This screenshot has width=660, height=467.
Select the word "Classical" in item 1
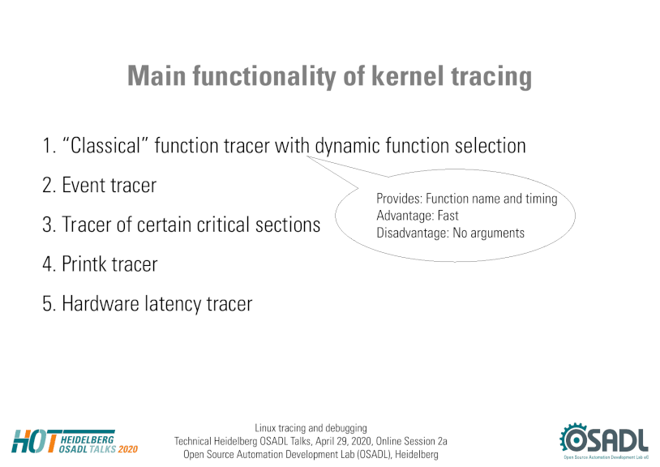pos(105,146)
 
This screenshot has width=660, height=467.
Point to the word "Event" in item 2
pos(83,185)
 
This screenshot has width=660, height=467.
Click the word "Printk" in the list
pos(84,263)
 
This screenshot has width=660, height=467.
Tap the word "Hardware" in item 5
pos(101,303)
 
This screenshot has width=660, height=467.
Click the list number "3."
pos(49,225)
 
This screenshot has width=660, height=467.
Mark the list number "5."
pos(49,304)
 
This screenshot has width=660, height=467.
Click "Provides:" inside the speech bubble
pos(399,198)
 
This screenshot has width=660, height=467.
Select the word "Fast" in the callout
pos(448,216)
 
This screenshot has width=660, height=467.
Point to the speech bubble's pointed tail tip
pos(306,156)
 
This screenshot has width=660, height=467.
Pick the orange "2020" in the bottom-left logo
pos(128,449)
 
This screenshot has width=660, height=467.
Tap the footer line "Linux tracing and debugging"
pos(311,428)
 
